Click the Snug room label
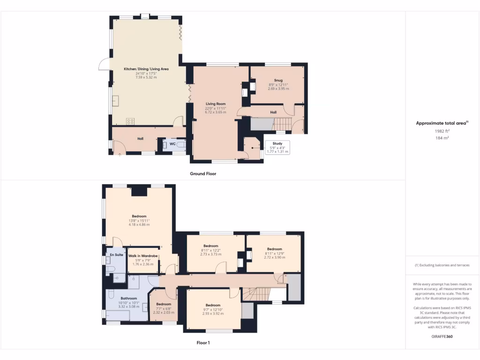[278, 80]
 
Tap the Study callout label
[277, 143]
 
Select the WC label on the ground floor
[172, 143]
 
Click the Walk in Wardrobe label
[143, 256]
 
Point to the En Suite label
[116, 255]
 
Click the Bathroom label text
[128, 298]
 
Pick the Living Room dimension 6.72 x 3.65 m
[215, 112]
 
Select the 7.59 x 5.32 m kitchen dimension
[146, 77]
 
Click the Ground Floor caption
[203, 173]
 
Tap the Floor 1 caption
[203, 343]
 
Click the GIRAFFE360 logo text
[442, 337]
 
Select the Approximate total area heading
[442, 123]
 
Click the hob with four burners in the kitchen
[131, 121]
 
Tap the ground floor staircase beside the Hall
[282, 124]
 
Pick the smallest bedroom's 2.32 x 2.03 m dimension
[164, 312]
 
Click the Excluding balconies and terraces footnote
[442, 265]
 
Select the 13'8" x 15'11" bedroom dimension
[139, 221]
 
